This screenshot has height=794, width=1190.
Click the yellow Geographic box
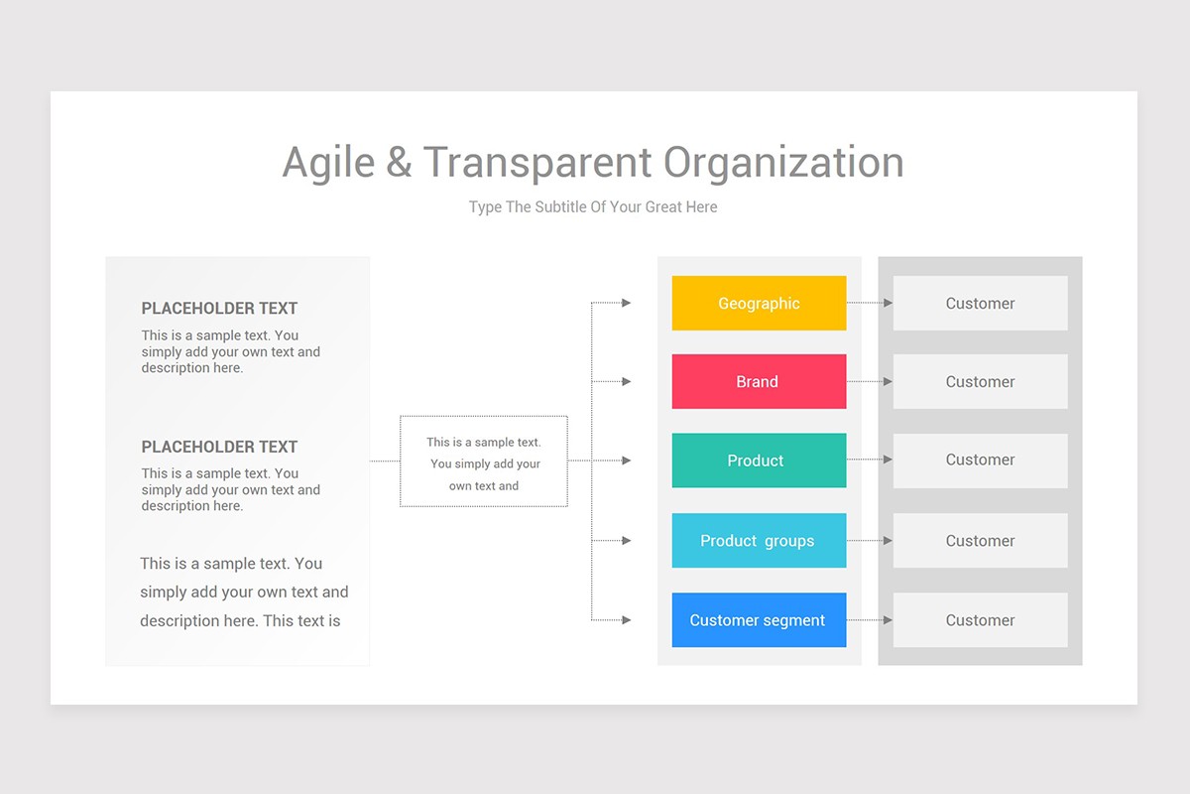(759, 303)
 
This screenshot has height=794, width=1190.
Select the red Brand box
(759, 381)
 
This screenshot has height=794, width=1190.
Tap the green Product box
(759, 461)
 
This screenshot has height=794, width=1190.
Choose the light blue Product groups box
(759, 541)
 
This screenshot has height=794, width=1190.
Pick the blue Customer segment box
(759, 620)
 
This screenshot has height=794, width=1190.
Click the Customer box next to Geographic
(980, 303)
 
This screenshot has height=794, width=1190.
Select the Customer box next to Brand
(980, 381)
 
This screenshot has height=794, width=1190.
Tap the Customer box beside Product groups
(980, 541)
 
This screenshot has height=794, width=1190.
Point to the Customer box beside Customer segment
(980, 620)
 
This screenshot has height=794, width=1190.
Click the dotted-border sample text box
(484, 462)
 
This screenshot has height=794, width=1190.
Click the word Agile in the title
(328, 163)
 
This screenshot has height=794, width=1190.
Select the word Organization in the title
(783, 163)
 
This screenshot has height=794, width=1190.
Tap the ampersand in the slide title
(399, 163)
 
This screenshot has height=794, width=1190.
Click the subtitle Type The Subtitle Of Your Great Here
(593, 207)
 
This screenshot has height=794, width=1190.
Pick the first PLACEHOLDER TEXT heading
(219, 309)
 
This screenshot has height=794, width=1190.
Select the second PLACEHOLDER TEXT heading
(219, 447)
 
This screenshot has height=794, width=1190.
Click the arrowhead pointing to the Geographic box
(626, 303)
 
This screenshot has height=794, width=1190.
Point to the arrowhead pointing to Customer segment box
(626, 620)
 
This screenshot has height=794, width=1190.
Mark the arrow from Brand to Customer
(870, 381)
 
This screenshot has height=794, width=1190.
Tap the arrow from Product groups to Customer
(870, 541)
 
